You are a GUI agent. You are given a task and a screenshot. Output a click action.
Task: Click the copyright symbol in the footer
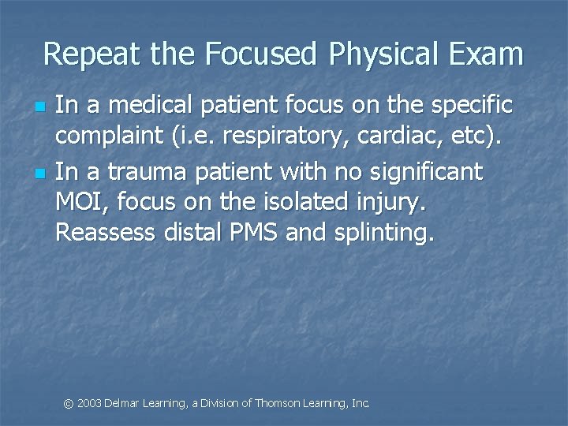coord(69,404)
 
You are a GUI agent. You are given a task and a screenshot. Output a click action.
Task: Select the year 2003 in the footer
coord(89,404)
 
